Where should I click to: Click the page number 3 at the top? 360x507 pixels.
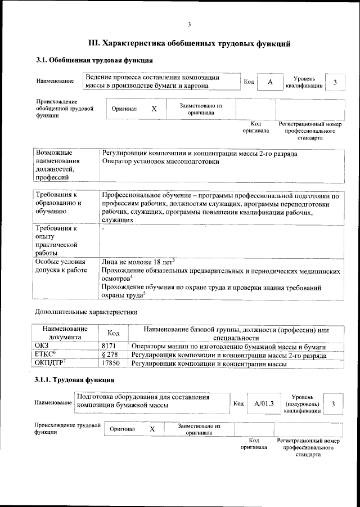tap(190, 24)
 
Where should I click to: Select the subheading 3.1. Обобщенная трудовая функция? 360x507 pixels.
tap(94, 60)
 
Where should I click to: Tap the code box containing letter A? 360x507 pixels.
tap(270, 82)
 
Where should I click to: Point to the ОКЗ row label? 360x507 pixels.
tap(42, 346)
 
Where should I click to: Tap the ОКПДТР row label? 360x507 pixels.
tap(50, 364)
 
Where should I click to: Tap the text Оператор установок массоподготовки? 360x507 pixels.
tap(160, 162)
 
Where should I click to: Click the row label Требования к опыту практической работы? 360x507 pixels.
tap(56, 241)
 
